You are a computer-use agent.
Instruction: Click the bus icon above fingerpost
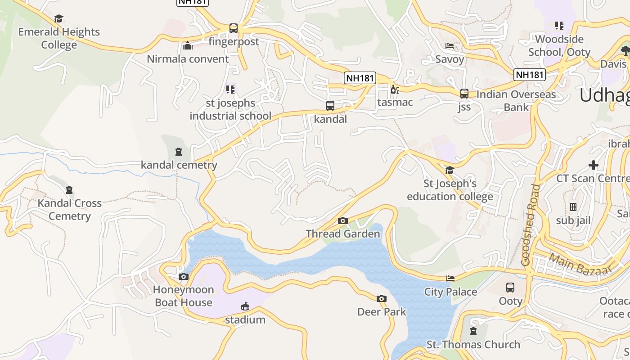[x=233, y=28]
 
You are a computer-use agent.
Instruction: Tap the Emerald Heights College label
[x=59, y=38]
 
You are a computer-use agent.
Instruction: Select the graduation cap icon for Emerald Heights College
[x=58, y=18]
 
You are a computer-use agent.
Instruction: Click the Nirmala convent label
[x=188, y=59]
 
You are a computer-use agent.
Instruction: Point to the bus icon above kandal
[x=330, y=106]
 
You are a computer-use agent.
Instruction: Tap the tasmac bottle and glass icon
[x=395, y=89]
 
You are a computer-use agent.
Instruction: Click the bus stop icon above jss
[x=464, y=94]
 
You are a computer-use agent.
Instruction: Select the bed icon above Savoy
[x=450, y=46]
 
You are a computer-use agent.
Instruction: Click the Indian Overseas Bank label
[x=516, y=101]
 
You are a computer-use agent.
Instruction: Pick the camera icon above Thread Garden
[x=343, y=220]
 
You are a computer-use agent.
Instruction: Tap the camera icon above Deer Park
[x=382, y=298]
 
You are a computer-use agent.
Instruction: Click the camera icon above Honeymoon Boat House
[x=183, y=276]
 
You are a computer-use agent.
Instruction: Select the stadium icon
[x=245, y=307]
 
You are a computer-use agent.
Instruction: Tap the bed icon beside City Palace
[x=450, y=279]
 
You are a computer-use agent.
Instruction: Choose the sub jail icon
[x=573, y=207]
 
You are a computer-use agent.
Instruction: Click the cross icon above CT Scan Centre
[x=594, y=165]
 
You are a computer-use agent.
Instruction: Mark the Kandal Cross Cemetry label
[x=69, y=210]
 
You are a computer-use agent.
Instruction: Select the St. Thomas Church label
[x=473, y=345]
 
